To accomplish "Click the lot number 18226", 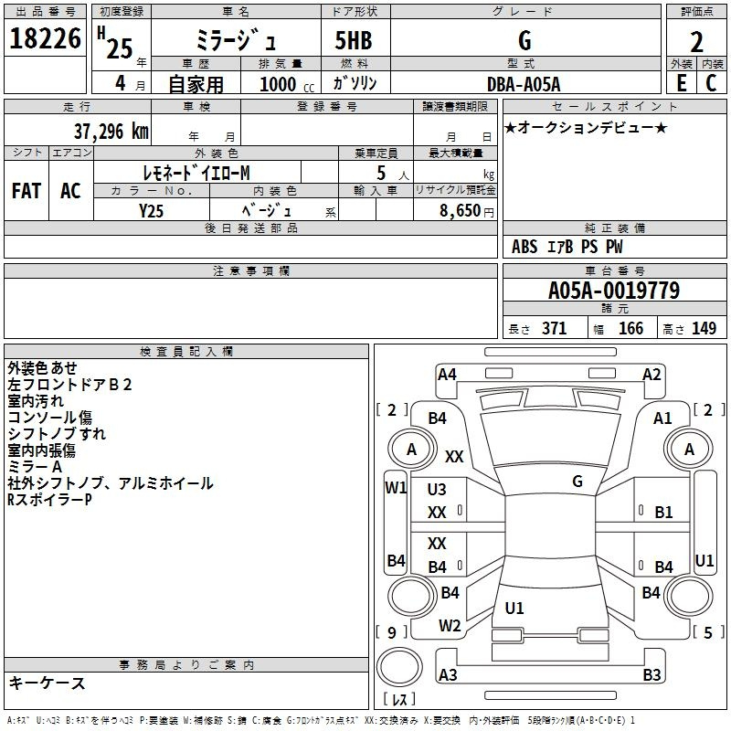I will click(45, 39).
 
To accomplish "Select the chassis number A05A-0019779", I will click(613, 291).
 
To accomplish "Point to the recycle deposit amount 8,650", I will click(462, 210).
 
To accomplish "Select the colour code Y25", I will click(151, 210).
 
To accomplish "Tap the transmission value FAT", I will click(26, 191).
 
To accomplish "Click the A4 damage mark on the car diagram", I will click(447, 374).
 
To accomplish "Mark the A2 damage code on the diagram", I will click(652, 374).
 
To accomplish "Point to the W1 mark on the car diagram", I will click(395, 488).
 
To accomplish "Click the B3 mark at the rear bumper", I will click(652, 675).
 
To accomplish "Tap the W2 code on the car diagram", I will click(450, 626).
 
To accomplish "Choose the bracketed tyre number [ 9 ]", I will click(392, 631).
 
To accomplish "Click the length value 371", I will click(555, 329).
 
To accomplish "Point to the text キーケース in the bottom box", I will click(48, 683).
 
